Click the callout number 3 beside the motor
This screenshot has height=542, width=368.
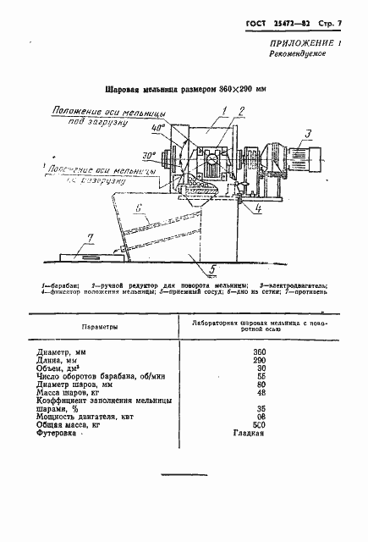coord(309,132)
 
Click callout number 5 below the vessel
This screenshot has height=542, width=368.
coord(213,269)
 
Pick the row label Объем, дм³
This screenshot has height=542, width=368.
coord(56,369)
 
